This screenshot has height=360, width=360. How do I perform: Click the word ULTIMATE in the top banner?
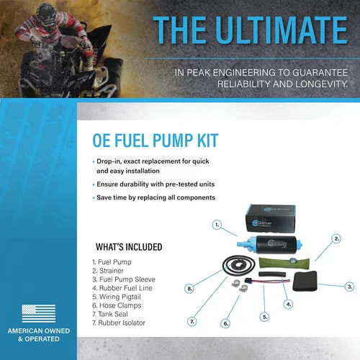282,30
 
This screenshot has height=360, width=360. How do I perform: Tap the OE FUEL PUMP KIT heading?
156,140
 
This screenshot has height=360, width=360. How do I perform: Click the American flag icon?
39,313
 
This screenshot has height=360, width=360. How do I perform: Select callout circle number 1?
217,225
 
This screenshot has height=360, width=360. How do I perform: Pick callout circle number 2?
337,239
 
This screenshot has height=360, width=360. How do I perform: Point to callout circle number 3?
350,287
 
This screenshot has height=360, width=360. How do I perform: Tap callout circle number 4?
288,305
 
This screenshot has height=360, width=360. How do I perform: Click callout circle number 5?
264,317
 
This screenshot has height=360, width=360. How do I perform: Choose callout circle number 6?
225,323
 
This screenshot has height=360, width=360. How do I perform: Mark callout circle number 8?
189,289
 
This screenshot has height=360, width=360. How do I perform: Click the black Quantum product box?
271,219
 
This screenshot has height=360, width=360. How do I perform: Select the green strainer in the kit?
284,263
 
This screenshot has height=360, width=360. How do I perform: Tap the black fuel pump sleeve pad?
305,281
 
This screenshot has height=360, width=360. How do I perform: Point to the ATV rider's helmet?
47,16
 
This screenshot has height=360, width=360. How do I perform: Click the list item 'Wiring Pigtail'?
117,297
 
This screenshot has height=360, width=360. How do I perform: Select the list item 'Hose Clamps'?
117,305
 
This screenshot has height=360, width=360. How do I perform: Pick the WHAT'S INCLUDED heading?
129,247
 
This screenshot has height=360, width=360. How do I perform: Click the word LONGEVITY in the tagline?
321,84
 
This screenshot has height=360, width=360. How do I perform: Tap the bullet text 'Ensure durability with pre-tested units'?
156,184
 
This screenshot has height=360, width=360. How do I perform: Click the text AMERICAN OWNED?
39,330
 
